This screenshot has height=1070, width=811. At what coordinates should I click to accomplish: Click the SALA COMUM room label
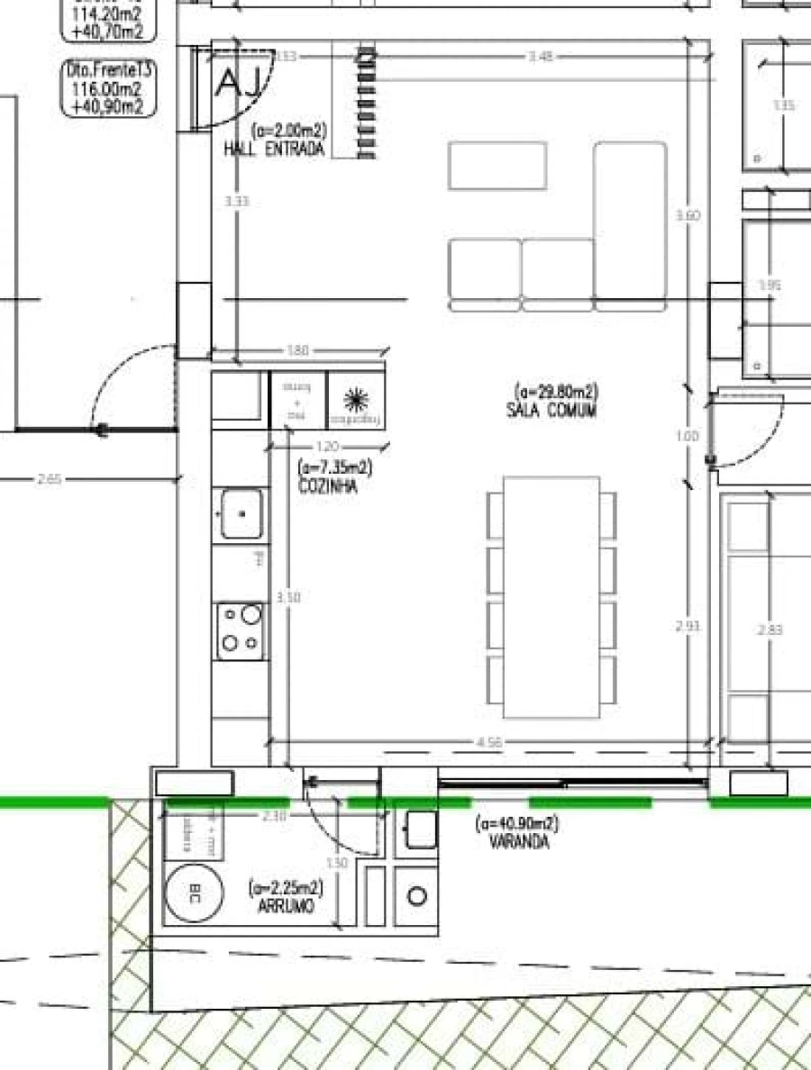pos(551,410)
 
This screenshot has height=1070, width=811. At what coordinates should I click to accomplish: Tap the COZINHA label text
pos(327,486)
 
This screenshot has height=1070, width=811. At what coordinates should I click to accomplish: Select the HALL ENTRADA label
pos(273,150)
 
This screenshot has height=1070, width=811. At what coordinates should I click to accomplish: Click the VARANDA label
pos(519,842)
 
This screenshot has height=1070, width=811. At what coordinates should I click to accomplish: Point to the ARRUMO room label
pos(286,906)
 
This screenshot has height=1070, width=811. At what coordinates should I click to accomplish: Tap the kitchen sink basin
pos(241,513)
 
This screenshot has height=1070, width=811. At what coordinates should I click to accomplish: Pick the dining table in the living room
pos(551,597)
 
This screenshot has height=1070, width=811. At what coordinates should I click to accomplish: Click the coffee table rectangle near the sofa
pos(497,166)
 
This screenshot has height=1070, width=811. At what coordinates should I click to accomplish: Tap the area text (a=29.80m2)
pos(556,392)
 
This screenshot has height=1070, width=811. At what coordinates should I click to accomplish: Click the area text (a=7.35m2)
pos(335,468)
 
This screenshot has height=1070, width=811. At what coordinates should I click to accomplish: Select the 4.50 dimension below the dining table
pos(489,742)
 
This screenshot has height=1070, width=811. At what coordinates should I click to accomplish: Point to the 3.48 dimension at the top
pos(540,56)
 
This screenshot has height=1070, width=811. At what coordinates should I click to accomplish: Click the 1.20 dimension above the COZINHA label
pos(329,447)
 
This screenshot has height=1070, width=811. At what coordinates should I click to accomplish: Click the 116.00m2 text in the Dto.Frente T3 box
pos(108,89)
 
